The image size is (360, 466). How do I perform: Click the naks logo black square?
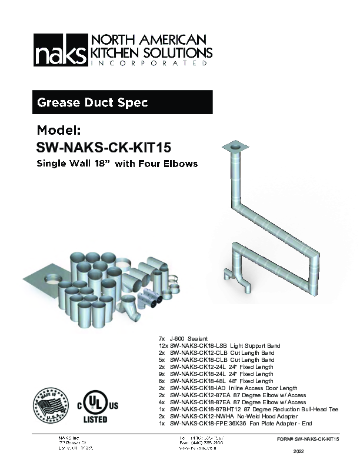pos(58,49)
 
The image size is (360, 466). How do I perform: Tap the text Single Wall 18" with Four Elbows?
pos(117,164)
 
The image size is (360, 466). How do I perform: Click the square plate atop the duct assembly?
pos(237,145)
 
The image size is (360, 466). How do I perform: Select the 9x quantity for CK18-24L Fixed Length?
pos(162,374)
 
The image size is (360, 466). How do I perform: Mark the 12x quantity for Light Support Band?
pos(162,346)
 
